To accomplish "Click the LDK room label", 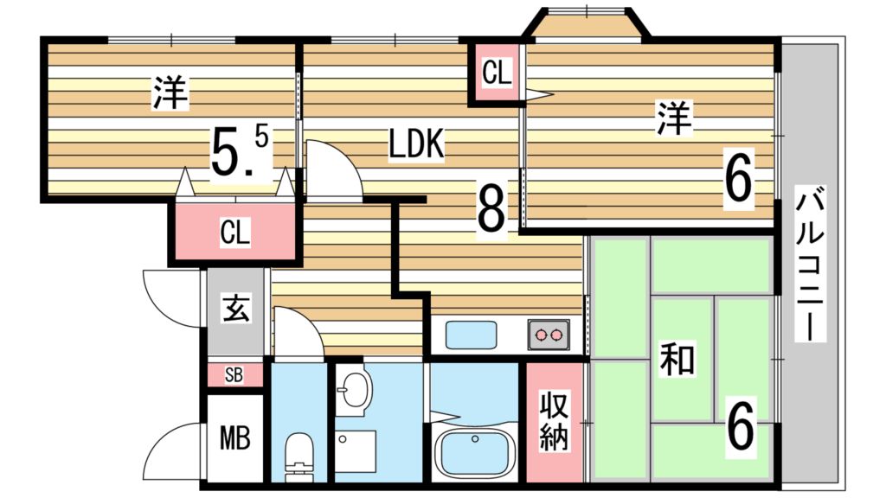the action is coord(417,144).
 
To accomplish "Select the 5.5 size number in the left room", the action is coord(240,150).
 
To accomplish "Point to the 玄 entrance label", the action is coord(236,308).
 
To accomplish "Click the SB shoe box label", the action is coord(234,374).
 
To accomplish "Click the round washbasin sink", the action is coord(354,389).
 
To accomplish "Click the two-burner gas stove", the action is coord(549,335).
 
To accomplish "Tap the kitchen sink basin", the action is coord(472,335).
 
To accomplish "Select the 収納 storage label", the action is coord(553,421).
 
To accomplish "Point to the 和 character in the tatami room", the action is coord(677,360).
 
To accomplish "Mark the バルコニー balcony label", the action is coord(810,263).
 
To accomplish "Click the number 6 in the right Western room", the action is coord(739,179).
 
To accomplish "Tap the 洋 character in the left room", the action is coord(170,93).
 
